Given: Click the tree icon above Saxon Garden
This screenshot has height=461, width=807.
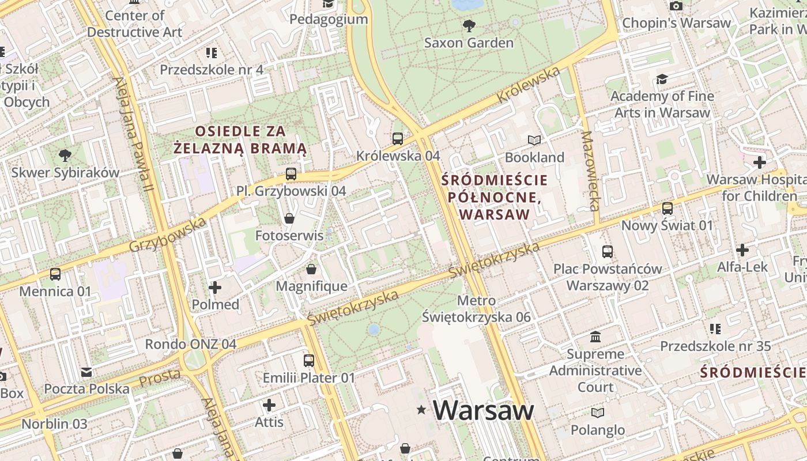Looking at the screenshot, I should point(469,25).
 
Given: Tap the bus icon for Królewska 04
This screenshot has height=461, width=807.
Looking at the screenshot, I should point(397,138).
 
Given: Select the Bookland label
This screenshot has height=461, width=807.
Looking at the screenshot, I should point(534,157).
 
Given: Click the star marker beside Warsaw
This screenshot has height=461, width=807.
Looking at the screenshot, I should point(422,410).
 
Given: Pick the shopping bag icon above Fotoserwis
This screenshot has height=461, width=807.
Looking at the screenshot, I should point(289,218).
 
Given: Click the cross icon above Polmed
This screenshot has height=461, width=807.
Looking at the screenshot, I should point(215,287).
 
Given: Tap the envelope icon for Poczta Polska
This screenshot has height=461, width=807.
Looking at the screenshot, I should point(86,372).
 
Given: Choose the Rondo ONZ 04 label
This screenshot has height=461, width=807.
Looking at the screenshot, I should point(190,344).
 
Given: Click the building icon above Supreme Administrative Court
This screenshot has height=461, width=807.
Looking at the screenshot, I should point(595,337).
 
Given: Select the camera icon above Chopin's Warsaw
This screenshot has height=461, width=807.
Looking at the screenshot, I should point(676,6).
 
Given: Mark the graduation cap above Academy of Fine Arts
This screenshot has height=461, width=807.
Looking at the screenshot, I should point(662,79).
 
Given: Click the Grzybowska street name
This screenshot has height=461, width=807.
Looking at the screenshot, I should point(167,235).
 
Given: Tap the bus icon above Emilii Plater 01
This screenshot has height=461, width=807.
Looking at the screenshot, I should point(309,361).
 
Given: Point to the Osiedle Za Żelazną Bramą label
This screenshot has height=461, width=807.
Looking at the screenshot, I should point(241,139).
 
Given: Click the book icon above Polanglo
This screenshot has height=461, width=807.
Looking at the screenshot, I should point(598,413).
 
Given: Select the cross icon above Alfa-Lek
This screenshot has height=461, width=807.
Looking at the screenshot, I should point(742,250).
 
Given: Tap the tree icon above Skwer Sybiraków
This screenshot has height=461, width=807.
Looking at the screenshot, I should point(65,155).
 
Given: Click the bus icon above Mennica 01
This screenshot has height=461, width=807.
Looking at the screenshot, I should point(55,274).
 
